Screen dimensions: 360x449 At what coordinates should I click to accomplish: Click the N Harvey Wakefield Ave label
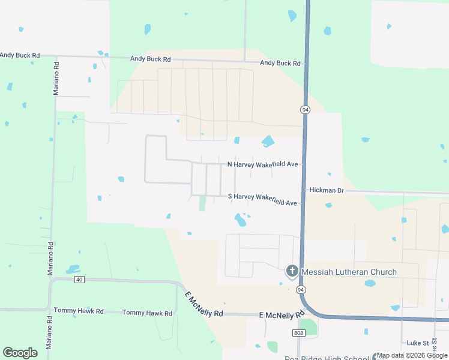262,164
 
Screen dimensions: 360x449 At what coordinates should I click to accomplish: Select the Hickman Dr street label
327,190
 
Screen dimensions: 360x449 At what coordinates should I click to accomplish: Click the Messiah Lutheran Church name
349,272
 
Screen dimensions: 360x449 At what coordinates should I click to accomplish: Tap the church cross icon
292,272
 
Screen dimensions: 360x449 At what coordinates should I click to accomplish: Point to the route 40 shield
79,280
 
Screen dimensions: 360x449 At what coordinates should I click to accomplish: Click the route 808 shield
299,332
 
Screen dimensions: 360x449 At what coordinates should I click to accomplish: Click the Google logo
20,353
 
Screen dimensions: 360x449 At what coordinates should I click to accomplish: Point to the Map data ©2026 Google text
412,356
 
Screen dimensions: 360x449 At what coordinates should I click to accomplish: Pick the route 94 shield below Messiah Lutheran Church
299,290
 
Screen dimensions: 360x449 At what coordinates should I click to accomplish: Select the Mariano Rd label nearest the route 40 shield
50,259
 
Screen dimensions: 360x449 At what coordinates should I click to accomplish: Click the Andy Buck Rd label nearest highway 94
280,63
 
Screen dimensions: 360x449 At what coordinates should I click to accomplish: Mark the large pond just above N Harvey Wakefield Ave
267,142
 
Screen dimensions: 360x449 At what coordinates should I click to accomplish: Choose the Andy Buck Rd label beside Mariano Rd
20,55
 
